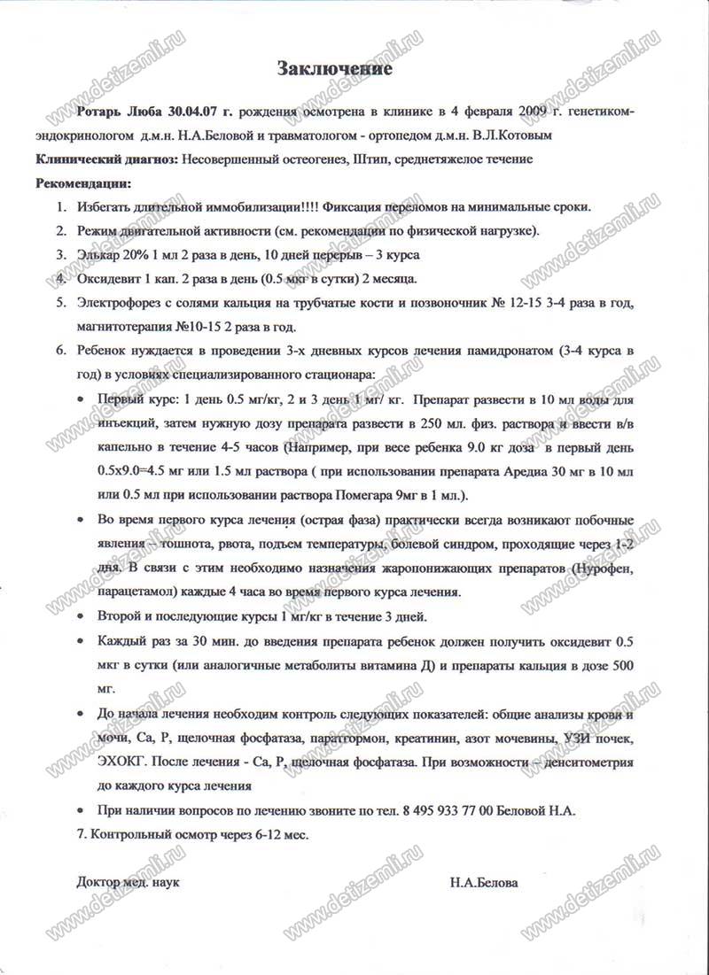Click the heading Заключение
335,67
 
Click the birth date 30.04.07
189,113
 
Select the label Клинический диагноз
104,159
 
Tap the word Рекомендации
82,183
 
